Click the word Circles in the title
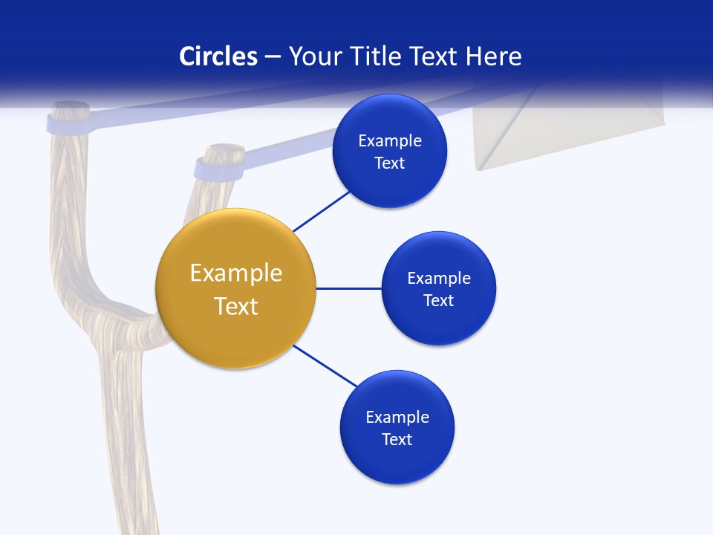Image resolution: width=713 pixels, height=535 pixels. [x=218, y=56]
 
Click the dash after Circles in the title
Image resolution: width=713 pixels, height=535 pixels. [x=273, y=57]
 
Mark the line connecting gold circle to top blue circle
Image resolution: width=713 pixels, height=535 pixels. [x=322, y=211]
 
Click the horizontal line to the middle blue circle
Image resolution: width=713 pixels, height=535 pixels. [x=348, y=288]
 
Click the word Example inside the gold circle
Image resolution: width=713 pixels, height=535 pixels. [x=235, y=273]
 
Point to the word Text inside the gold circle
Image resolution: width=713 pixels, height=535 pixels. [x=235, y=306]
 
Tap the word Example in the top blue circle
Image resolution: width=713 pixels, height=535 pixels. [x=389, y=140]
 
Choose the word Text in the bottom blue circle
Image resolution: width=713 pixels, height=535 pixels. [x=397, y=439]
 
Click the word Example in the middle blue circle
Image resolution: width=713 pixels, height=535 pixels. [x=438, y=278]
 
